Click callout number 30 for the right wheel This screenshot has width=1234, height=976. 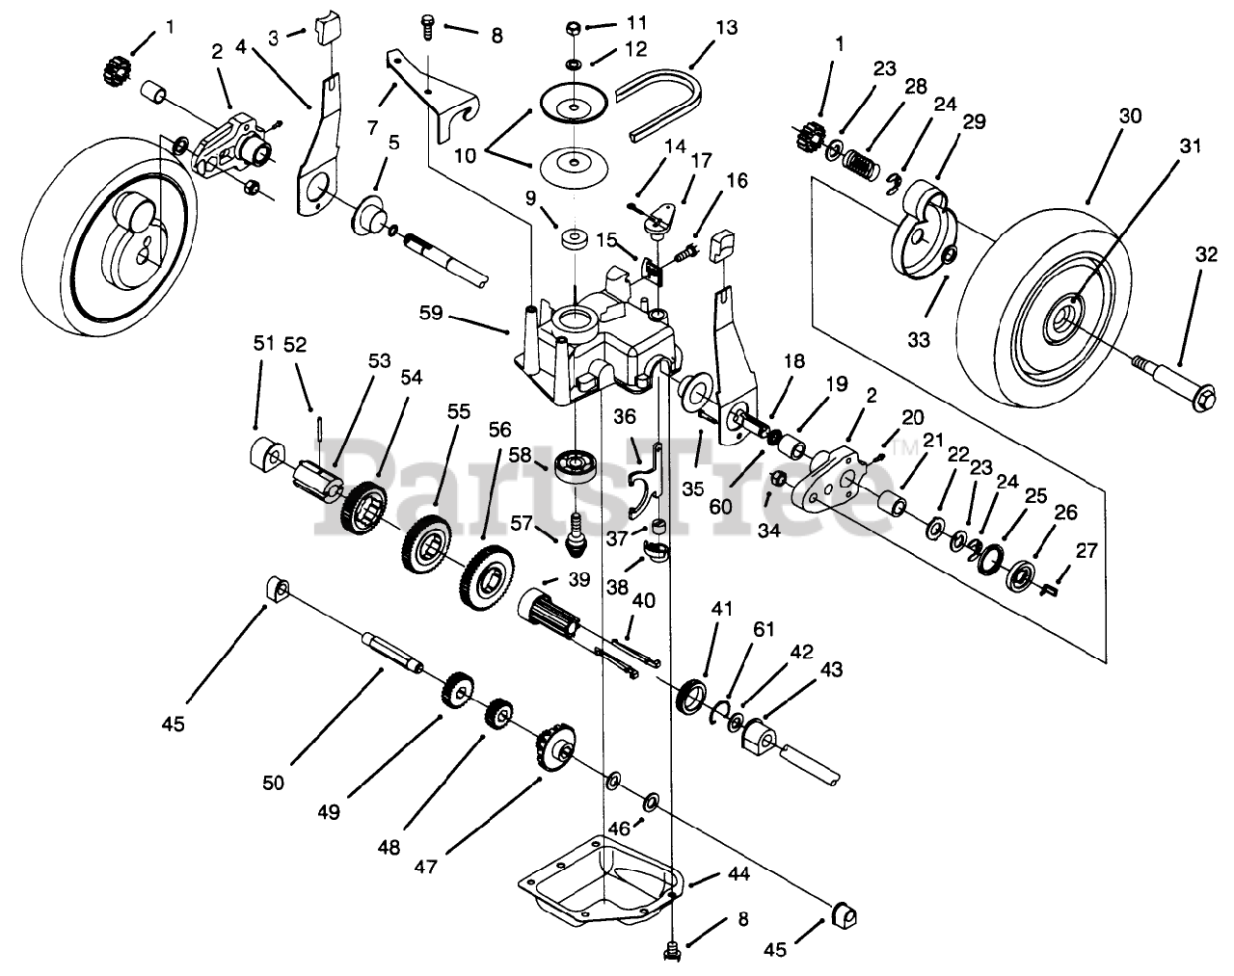(x=1130, y=116)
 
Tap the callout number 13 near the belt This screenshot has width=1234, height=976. (x=726, y=28)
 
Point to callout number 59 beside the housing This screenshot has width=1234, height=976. (x=432, y=313)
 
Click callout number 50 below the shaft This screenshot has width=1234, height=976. (x=273, y=783)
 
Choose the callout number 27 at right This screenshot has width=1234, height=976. (x=1086, y=550)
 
